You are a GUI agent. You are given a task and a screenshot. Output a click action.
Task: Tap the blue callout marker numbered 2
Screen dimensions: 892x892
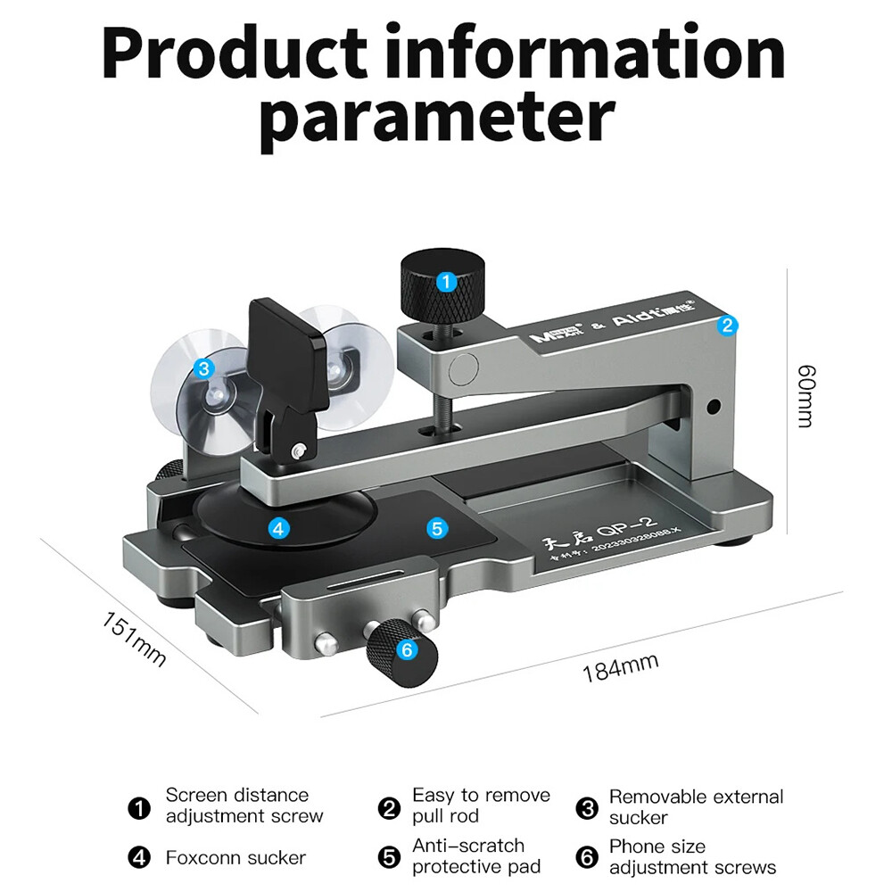tap(727, 326)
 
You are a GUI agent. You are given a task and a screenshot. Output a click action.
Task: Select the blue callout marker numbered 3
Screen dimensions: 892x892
tap(203, 367)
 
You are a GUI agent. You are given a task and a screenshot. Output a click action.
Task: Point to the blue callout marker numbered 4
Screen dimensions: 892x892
tap(279, 528)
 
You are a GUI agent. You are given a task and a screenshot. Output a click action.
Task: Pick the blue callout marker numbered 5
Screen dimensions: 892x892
tap(436, 528)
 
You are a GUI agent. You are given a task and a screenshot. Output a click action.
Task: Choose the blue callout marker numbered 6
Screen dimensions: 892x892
tap(407, 650)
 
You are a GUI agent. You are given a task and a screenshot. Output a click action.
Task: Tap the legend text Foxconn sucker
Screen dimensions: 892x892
tap(235, 858)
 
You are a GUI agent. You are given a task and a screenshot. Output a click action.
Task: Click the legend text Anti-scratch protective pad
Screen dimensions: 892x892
tap(475, 855)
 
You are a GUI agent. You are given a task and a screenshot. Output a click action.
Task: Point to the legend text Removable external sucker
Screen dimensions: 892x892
tap(696, 806)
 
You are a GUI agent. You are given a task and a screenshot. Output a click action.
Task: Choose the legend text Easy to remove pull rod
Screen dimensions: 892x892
tap(481, 805)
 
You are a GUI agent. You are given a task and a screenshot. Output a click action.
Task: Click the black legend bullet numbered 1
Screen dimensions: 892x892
tap(139, 809)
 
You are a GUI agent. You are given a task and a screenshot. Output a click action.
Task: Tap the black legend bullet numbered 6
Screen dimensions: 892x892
tap(585, 857)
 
